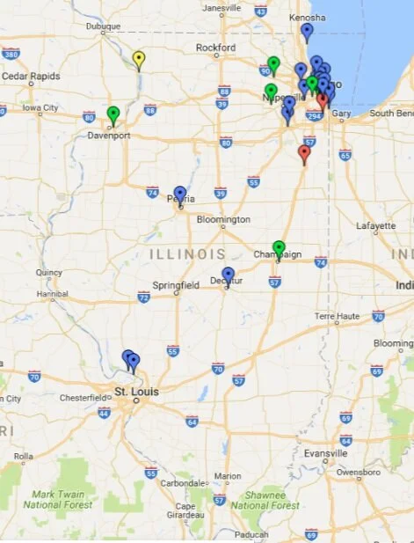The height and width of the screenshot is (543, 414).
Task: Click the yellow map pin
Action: click(138, 58)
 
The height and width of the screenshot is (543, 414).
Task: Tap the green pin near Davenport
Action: click(113, 114)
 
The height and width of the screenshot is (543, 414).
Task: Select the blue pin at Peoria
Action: click(180, 194)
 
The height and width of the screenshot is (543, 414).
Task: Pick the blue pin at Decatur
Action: click(229, 275)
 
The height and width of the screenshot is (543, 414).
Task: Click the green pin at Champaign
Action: click(279, 247)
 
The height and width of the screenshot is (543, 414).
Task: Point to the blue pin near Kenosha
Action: click(307, 31)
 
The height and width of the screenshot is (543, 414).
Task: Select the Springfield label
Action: click(176, 286)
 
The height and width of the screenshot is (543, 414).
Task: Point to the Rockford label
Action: click(216, 48)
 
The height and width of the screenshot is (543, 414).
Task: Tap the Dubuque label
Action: click(102, 26)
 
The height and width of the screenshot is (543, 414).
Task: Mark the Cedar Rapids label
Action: click(31, 77)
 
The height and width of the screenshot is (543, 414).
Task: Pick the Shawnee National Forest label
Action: click(267, 500)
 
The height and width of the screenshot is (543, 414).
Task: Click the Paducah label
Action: click(251, 533)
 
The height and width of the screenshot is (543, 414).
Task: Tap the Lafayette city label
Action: click(375, 226)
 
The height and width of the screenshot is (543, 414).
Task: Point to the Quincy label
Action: click(48, 272)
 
